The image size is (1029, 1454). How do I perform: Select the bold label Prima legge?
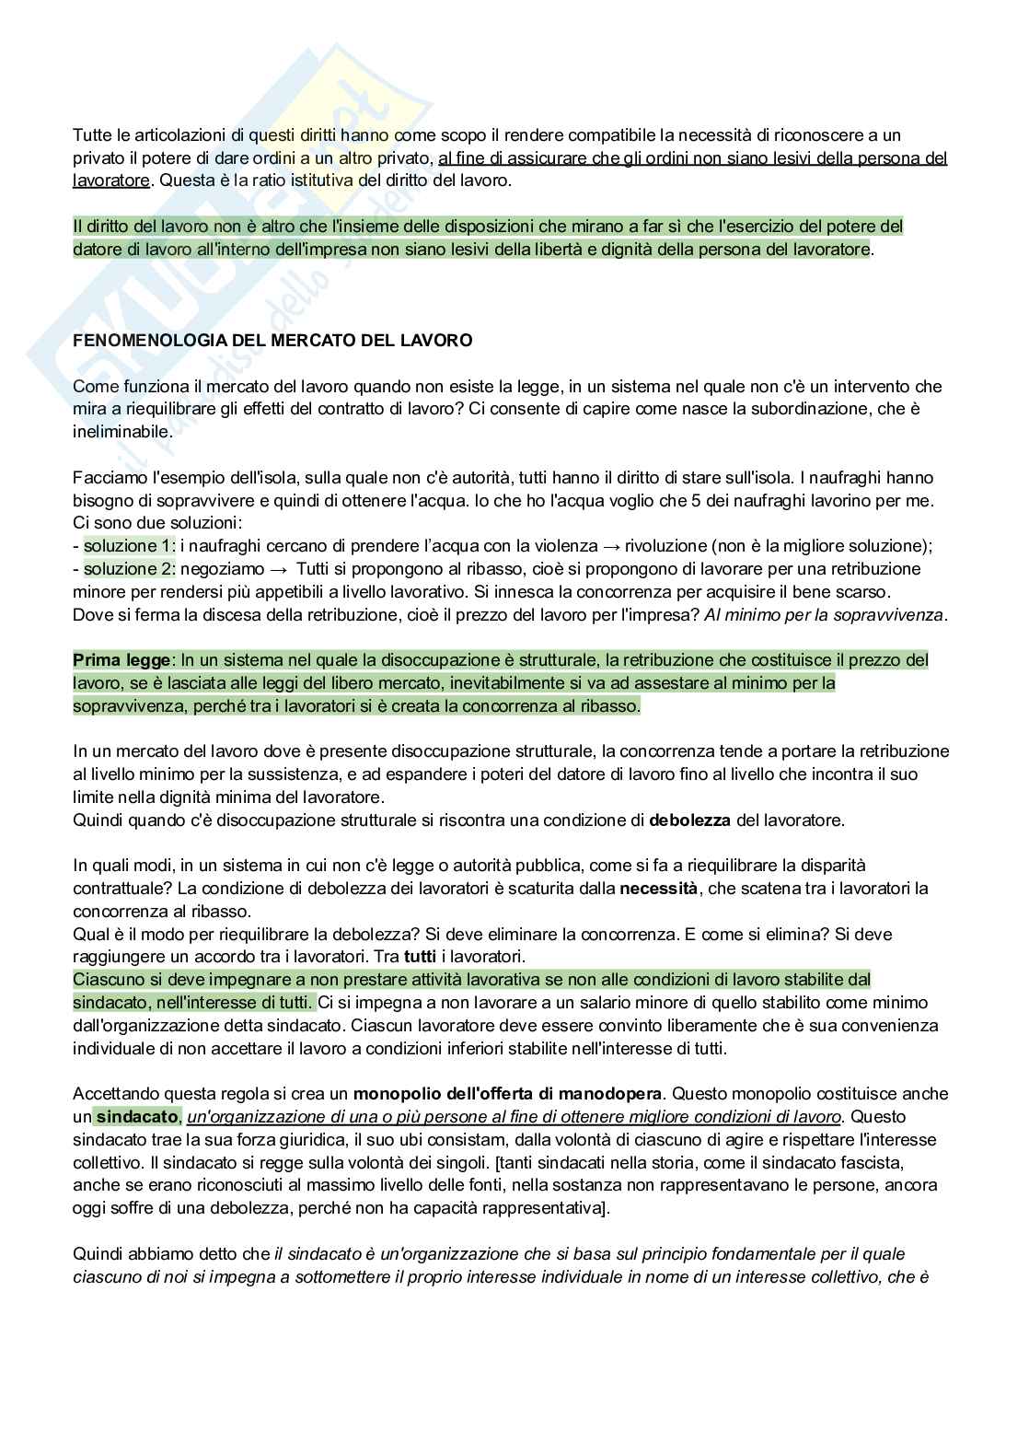(x=121, y=660)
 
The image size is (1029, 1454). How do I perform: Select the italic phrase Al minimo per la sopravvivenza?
(x=824, y=614)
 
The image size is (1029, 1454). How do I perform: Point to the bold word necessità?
(x=658, y=889)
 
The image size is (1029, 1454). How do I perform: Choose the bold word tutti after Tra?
(x=420, y=957)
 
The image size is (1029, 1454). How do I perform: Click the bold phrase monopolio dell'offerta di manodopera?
(x=507, y=1094)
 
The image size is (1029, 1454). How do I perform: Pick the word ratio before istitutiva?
(x=235, y=180)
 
